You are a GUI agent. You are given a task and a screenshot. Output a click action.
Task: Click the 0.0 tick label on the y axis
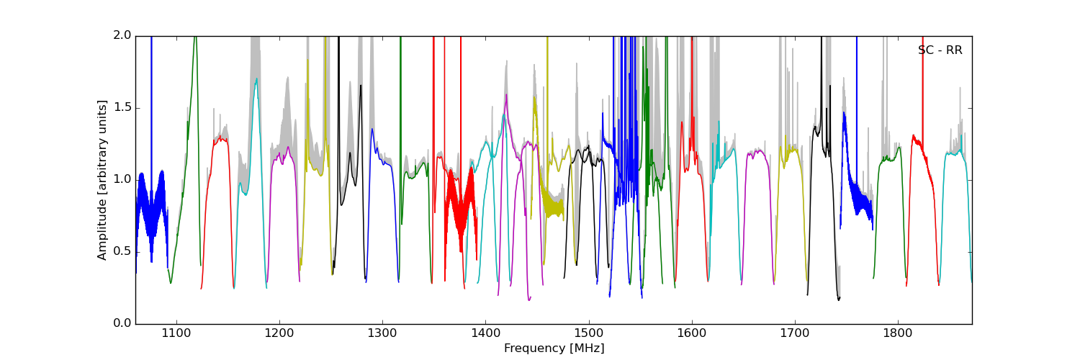(x=122, y=324)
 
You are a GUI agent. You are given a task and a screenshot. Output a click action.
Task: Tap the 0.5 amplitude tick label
(x=122, y=251)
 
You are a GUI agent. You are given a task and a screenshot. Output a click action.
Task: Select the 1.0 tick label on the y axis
(x=122, y=179)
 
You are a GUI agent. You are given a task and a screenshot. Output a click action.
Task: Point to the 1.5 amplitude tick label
(x=122, y=107)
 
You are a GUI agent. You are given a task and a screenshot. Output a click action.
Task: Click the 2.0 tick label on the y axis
(x=122, y=35)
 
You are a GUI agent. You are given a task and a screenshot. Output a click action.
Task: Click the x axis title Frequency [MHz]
(x=554, y=348)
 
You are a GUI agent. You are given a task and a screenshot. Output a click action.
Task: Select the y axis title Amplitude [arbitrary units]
(x=102, y=180)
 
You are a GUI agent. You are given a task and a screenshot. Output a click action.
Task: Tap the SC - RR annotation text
(x=940, y=50)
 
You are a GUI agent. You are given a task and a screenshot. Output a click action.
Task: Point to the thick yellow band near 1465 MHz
(x=553, y=204)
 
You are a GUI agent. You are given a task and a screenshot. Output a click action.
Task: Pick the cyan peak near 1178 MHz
(x=256, y=81)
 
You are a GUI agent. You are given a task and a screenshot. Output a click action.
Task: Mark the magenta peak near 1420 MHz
(x=506, y=96)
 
